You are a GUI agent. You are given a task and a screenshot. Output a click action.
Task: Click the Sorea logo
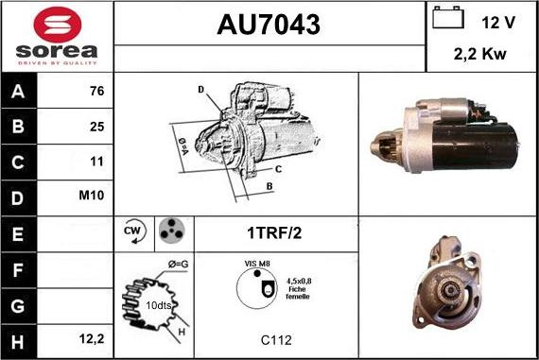pyautogui.click(x=57, y=37)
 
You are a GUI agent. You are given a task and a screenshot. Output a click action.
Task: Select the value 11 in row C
pyautogui.click(x=96, y=161)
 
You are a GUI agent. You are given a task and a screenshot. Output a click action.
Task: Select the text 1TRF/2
pyautogui.click(x=276, y=231)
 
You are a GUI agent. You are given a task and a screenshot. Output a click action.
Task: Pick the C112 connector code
pyautogui.click(x=275, y=337)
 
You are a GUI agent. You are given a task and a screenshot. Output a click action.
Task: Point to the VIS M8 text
pyautogui.click(x=257, y=264)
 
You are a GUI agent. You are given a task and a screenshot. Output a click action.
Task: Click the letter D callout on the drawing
pyautogui.click(x=200, y=89)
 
